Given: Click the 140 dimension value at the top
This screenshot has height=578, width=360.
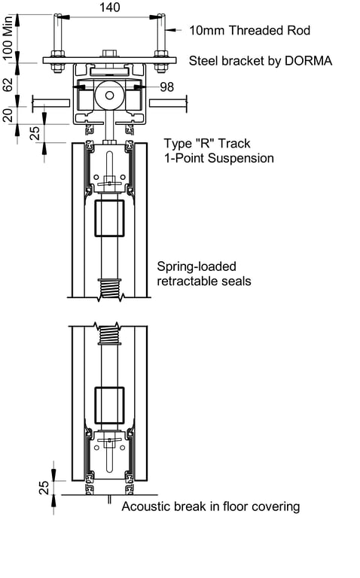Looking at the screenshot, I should pos(109,7).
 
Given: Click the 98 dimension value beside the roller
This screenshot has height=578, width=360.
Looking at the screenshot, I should pos(166,87).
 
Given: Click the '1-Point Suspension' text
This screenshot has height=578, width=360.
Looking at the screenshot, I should pos(219,158).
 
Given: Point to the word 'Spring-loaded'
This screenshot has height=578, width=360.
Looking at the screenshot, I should pos(197,266).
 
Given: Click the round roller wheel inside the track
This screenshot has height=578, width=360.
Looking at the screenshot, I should pos(110,95).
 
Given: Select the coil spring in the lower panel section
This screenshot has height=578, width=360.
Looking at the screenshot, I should pos(110,334).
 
